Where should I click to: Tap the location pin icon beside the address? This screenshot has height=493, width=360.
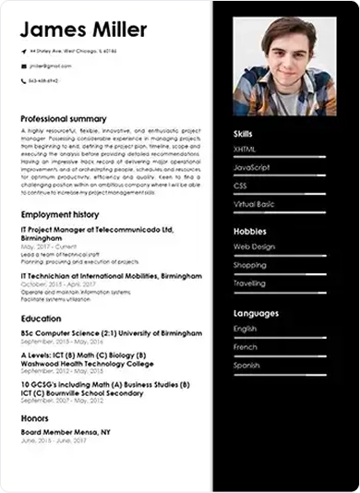point(24,51)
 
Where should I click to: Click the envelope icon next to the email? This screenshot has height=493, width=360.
point(24,66)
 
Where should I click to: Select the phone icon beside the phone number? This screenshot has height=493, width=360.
point(24,81)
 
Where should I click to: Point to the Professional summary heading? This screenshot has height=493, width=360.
point(64,119)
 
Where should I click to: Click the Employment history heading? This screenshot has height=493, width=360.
point(59,214)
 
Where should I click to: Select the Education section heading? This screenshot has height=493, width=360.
point(42,319)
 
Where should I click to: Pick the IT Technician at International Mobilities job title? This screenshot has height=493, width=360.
point(111,276)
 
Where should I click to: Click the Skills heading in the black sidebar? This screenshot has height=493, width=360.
point(244,135)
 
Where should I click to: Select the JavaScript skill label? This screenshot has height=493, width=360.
point(252,167)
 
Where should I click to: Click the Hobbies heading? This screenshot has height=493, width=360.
point(249,232)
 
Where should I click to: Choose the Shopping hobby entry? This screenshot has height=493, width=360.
point(249,265)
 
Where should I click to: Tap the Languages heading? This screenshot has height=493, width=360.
point(256,314)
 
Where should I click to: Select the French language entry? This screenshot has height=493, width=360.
point(246,347)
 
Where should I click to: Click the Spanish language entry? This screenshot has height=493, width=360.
point(247,366)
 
